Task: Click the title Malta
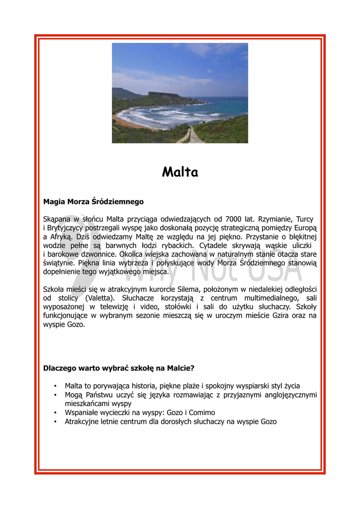(x=180, y=172)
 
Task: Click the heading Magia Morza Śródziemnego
(x=93, y=202)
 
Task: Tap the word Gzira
(x=278, y=316)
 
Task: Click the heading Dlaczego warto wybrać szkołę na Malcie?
(x=119, y=368)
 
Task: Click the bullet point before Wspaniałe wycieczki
(x=54, y=413)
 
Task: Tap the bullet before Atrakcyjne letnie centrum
(x=54, y=422)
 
